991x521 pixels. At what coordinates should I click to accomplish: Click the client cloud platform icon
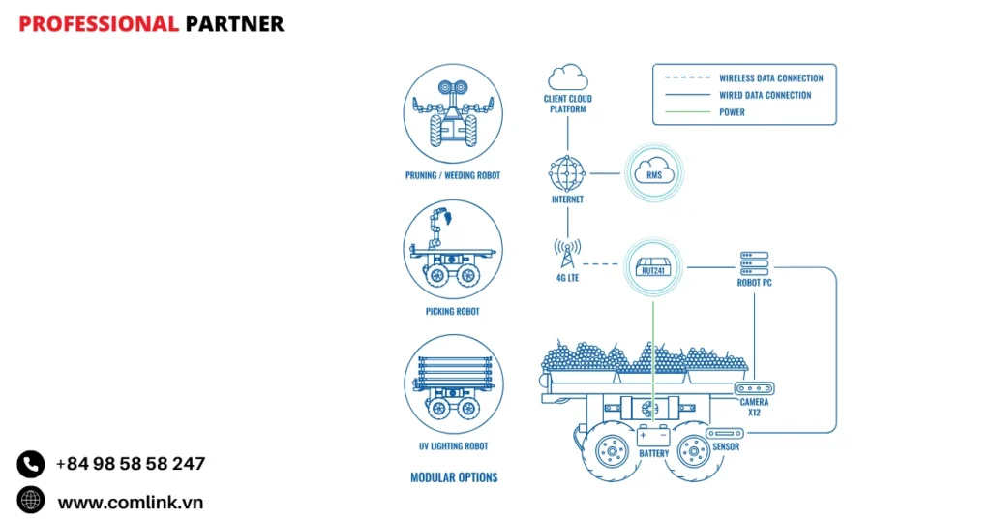click(567, 77)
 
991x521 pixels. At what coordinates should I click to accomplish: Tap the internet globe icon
click(567, 174)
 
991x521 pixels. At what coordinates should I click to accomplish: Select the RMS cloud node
click(653, 174)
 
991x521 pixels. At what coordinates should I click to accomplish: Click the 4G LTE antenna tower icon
click(567, 255)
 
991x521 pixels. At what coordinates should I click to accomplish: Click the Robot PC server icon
click(754, 262)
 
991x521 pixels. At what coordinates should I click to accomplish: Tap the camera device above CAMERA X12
click(755, 388)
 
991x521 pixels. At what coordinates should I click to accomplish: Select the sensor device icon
click(725, 433)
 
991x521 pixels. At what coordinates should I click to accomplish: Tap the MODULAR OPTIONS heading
click(454, 477)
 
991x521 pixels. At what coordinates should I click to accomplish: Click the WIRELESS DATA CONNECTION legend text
click(770, 78)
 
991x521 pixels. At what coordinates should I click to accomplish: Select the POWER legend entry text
click(732, 112)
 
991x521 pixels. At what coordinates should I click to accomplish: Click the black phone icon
click(31, 464)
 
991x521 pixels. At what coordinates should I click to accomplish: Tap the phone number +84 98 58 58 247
click(131, 464)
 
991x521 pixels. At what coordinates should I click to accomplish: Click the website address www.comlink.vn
click(131, 502)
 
